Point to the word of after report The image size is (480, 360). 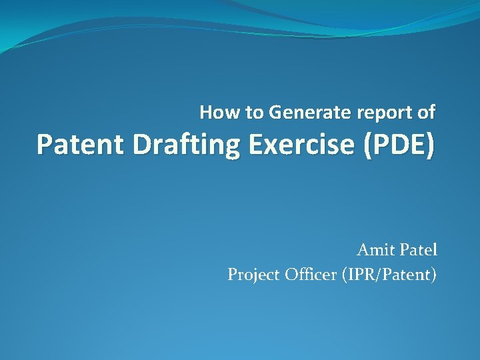pos(426,113)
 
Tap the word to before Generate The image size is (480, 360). pos(255,113)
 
